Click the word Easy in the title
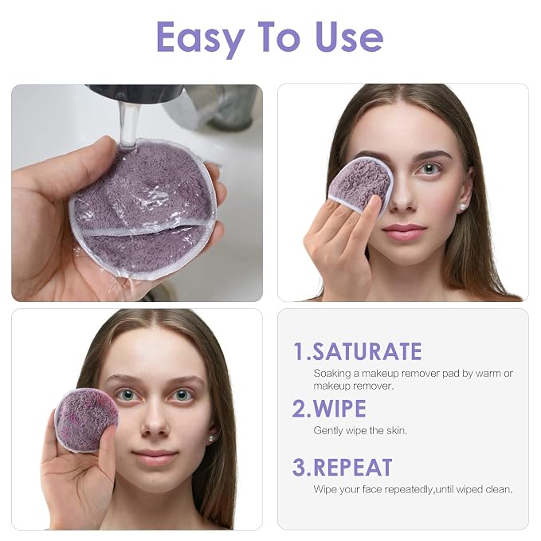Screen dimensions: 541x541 tap(201, 38)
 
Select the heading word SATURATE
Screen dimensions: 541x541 tap(367, 351)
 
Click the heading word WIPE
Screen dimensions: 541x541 tap(339, 409)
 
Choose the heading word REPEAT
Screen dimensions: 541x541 tap(353, 468)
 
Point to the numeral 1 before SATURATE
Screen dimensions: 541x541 tap(299, 351)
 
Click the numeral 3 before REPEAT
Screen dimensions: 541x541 tap(299, 468)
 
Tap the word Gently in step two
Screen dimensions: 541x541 tap(327, 431)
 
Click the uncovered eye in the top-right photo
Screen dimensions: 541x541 tap(429, 169)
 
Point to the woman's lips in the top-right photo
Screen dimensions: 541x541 tap(404, 231)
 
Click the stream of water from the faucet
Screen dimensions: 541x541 tap(129, 123)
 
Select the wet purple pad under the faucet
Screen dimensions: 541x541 tap(142, 207)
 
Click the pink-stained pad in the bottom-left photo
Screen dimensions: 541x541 tap(86, 420)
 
